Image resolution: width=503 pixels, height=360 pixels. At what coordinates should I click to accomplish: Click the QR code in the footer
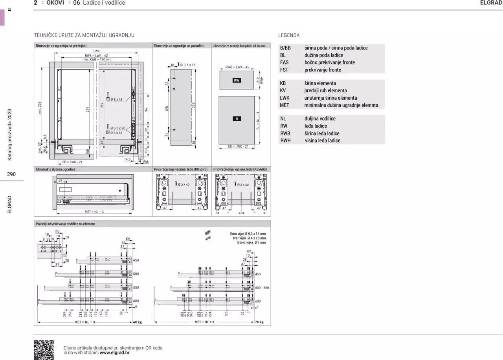(x=44, y=350)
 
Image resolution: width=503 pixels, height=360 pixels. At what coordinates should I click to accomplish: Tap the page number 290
(x=11, y=174)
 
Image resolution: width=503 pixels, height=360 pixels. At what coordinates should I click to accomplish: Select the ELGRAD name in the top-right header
(x=491, y=3)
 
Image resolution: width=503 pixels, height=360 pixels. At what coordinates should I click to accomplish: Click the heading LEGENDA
(x=289, y=35)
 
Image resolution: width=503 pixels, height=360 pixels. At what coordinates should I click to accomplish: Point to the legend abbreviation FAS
(x=284, y=62)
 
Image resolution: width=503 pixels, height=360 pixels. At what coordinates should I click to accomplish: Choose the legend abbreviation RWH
(x=285, y=141)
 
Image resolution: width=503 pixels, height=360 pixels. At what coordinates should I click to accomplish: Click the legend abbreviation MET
(x=284, y=105)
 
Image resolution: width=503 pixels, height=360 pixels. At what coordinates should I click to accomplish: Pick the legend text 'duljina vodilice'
(x=320, y=119)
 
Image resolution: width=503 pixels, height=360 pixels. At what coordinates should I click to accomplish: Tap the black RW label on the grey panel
(x=237, y=80)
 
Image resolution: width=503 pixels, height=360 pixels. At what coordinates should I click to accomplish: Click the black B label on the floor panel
(x=237, y=119)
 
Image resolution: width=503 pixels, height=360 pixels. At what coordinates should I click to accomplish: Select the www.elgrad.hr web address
(x=114, y=353)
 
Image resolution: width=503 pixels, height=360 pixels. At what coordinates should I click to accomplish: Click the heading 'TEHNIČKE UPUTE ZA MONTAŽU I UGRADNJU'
(x=84, y=35)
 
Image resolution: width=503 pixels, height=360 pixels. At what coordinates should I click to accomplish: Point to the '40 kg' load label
(x=137, y=322)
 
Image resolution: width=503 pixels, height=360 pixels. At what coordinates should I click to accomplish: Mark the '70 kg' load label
(x=259, y=322)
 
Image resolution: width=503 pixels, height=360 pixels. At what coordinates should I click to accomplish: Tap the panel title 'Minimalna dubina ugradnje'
(x=55, y=169)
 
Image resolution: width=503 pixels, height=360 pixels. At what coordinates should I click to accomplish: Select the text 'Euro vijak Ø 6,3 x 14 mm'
(x=248, y=234)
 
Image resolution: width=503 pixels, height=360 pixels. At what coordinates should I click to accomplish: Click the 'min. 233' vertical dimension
(x=40, y=107)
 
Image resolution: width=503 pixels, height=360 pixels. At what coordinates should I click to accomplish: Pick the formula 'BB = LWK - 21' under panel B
(x=238, y=147)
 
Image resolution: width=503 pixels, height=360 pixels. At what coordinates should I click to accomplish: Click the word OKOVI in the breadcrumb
(x=55, y=3)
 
